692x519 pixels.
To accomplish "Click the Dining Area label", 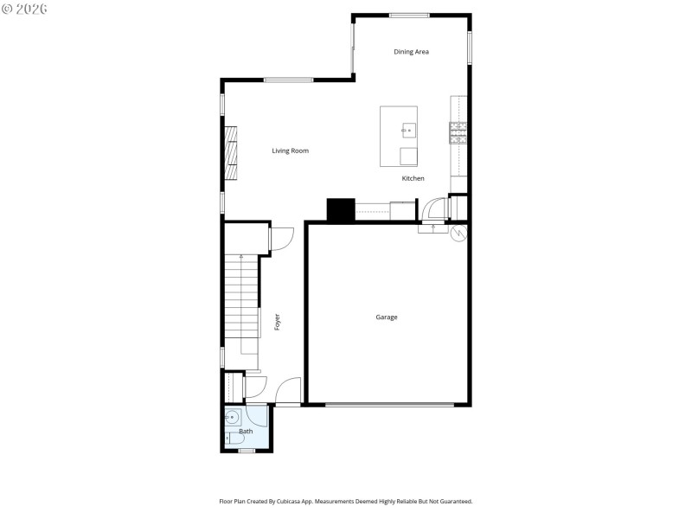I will (x=411, y=52).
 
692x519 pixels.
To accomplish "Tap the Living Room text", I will (x=290, y=151).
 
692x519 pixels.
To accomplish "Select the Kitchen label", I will (x=413, y=178).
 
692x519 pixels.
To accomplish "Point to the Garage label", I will (x=386, y=317).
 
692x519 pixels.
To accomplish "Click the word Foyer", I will (x=277, y=322).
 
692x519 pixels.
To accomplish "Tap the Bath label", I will (x=246, y=431).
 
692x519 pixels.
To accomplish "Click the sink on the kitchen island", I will (x=408, y=131).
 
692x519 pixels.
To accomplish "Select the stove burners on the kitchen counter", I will (x=458, y=131).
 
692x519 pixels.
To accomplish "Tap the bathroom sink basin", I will (x=231, y=418).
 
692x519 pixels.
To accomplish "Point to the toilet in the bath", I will (x=230, y=439).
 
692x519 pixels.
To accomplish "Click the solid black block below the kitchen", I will (x=340, y=210).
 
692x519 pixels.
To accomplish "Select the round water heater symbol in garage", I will (x=458, y=232).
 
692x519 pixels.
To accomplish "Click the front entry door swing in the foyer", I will (x=288, y=392).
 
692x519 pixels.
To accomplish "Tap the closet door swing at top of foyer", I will (x=283, y=239).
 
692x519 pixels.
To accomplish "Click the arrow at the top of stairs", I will (x=240, y=258).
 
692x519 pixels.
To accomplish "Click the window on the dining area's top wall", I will (x=408, y=15).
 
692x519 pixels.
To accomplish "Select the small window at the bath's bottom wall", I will (x=247, y=451).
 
